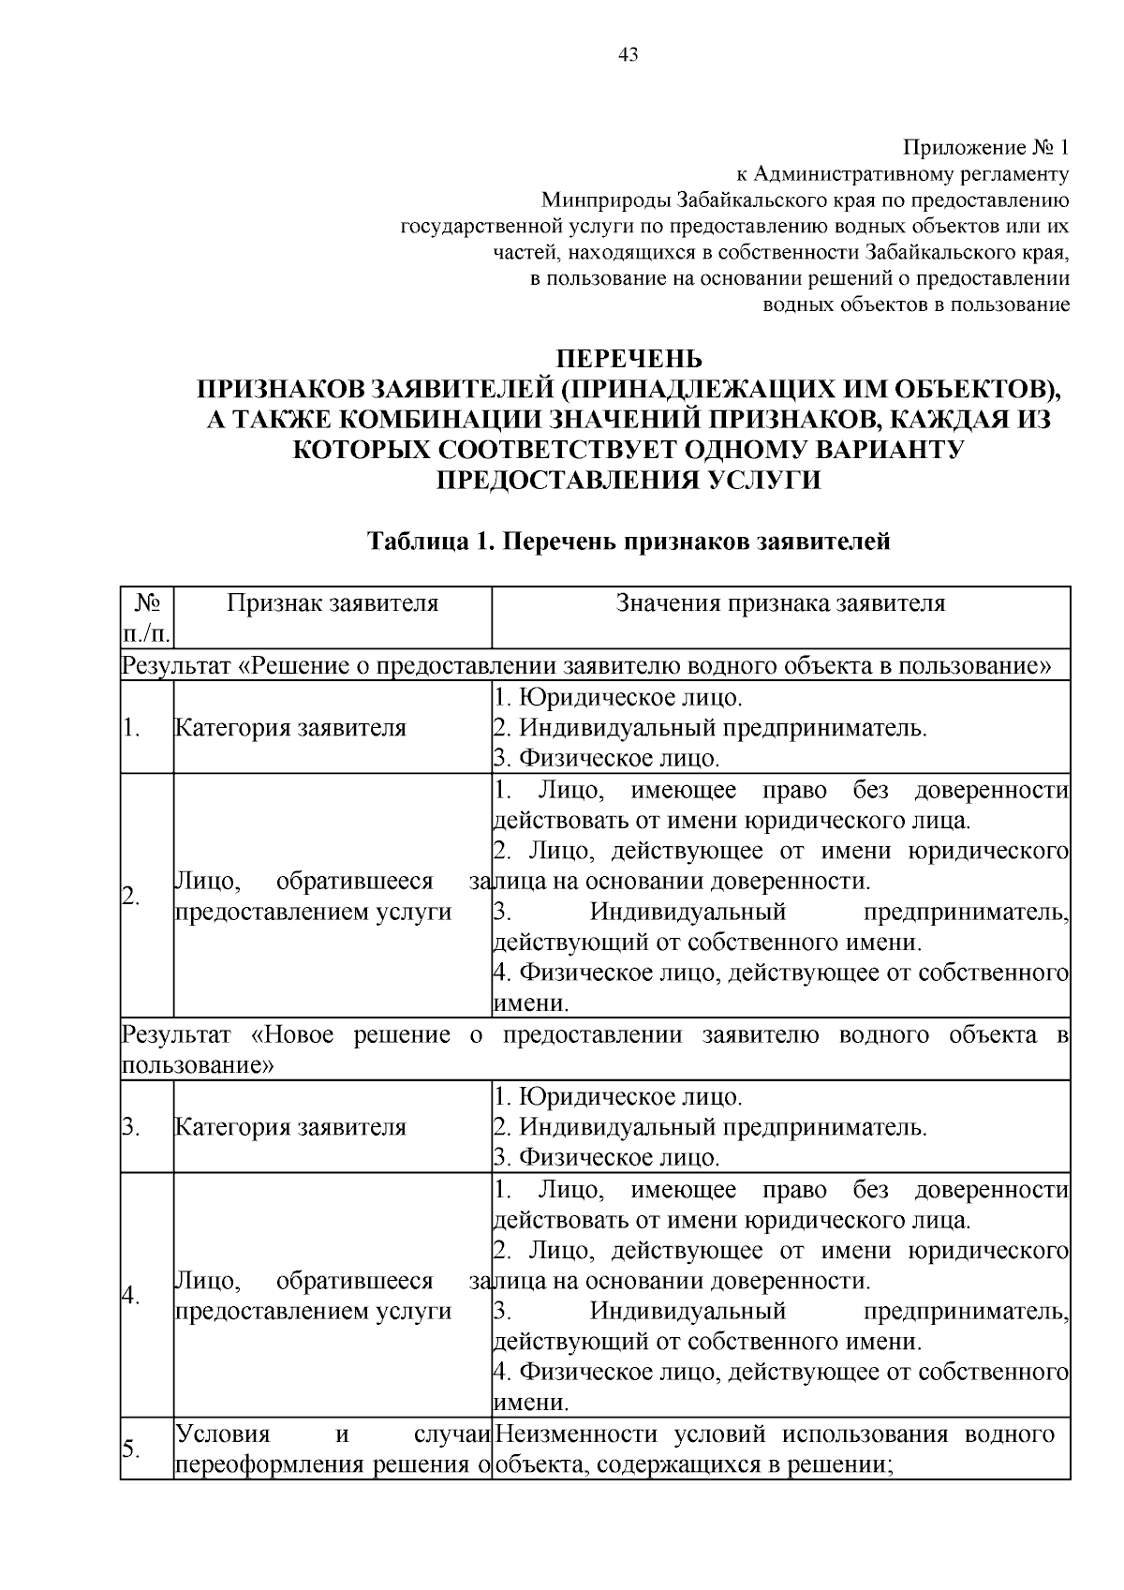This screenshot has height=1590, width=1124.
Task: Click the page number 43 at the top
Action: tap(629, 55)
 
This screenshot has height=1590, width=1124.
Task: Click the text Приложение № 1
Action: tap(985, 147)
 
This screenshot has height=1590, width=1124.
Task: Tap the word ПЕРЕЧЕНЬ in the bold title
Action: tap(629, 359)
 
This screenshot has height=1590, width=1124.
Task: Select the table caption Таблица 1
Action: tap(428, 542)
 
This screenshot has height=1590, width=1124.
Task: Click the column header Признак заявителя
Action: tap(333, 603)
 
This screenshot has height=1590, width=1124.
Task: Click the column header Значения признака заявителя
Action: tap(780, 603)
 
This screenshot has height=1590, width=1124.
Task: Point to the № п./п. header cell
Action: tap(147, 617)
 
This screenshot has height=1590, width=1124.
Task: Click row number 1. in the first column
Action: tap(132, 728)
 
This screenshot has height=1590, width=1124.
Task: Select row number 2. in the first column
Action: tap(132, 895)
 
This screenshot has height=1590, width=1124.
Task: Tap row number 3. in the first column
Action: tap(131, 1127)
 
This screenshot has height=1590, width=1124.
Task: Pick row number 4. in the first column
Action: tap(131, 1295)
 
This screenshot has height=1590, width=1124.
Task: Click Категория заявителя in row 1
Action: tap(291, 728)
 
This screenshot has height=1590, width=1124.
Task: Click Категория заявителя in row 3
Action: tap(291, 1127)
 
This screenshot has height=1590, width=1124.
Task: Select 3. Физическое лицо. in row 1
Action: tap(607, 758)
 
